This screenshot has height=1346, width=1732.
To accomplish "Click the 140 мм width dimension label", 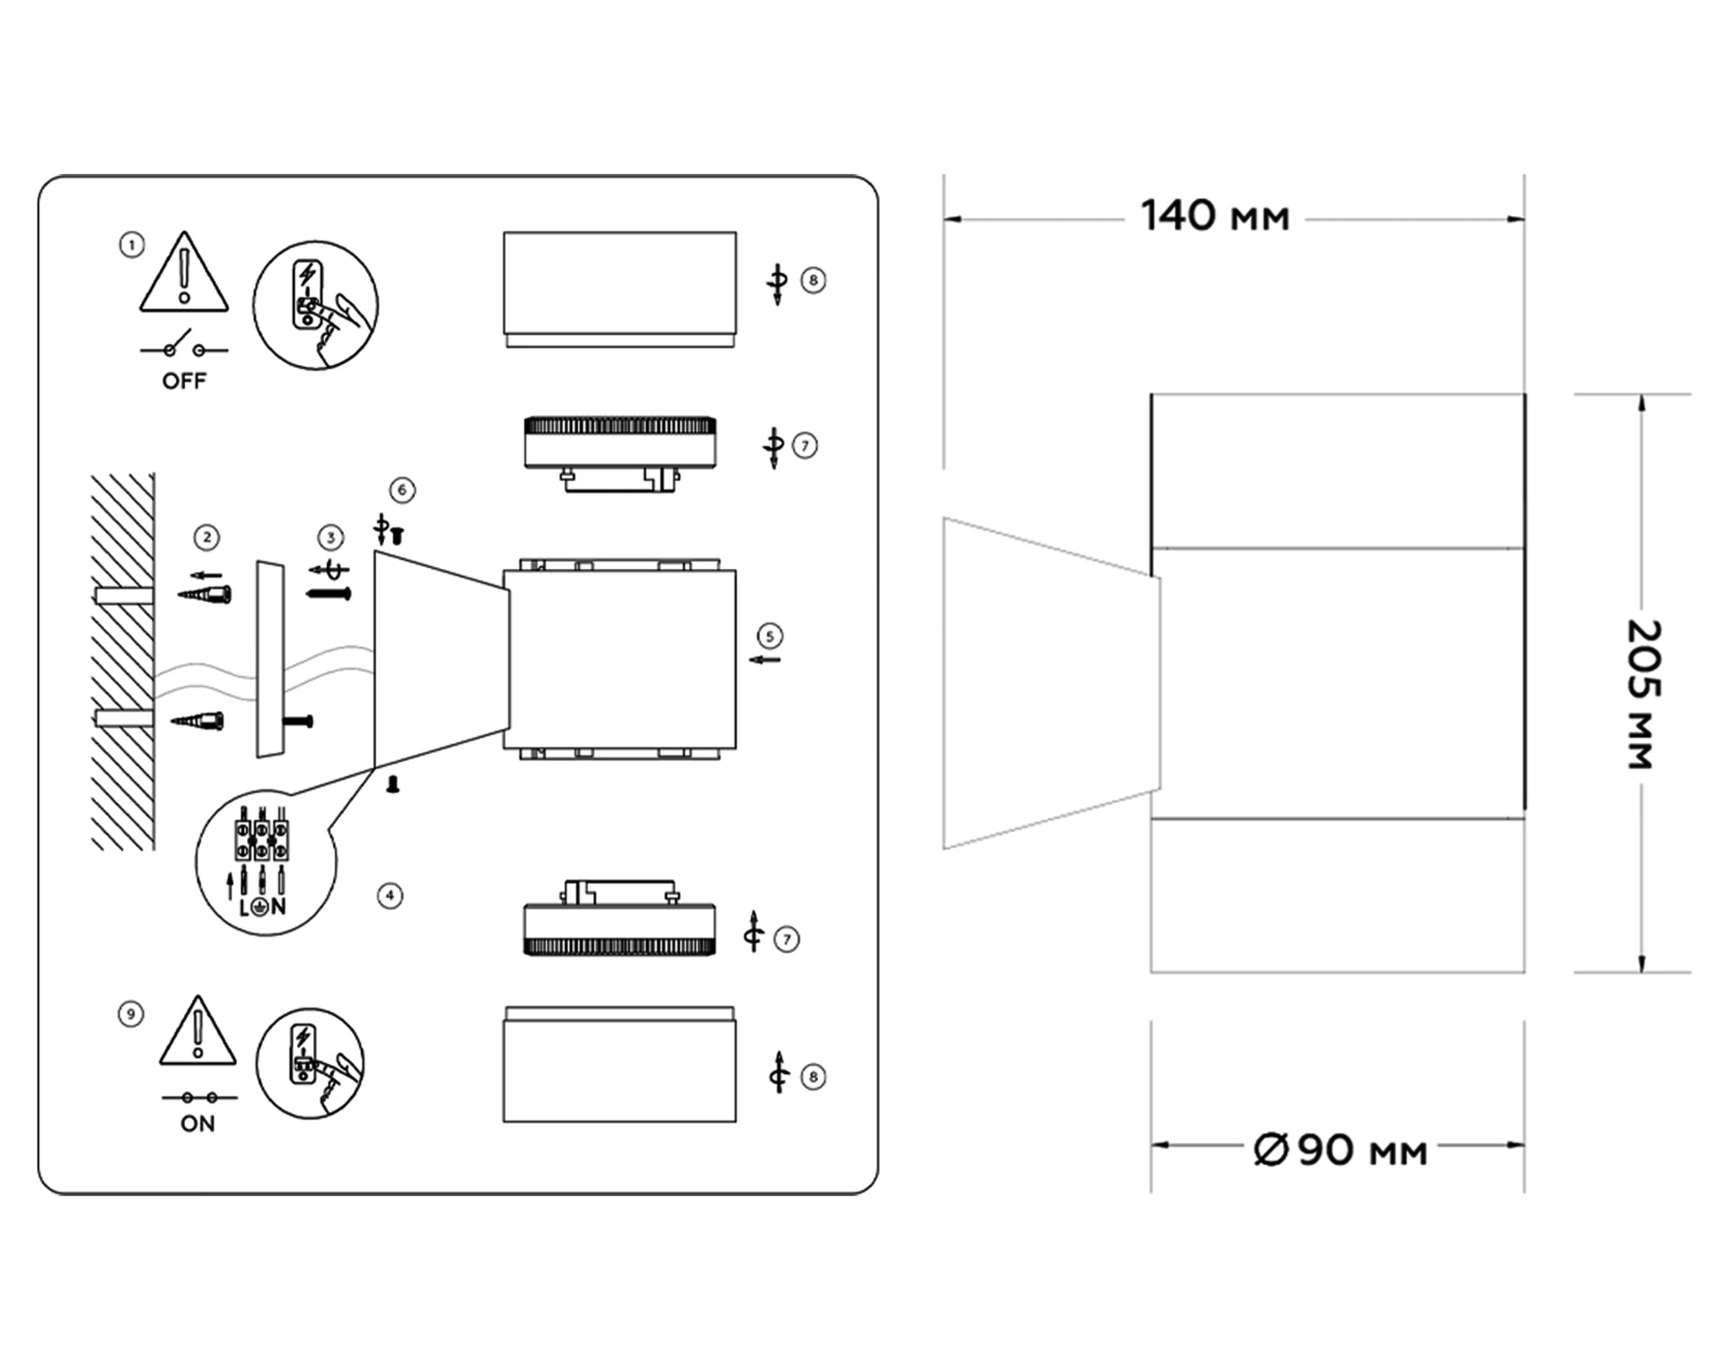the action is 1215,216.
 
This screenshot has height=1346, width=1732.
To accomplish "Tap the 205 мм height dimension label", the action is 1644,694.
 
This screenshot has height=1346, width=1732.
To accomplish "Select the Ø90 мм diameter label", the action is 1341,1149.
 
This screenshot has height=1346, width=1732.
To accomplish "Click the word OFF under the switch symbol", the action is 184,381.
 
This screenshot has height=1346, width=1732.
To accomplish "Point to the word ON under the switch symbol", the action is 198,1123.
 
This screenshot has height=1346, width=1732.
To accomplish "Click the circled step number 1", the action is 132,245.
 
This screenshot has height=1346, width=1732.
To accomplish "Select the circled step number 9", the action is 131,1015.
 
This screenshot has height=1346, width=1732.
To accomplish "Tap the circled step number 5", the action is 769,636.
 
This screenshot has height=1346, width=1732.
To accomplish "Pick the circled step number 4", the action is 390,896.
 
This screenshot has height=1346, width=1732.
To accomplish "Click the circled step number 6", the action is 402,490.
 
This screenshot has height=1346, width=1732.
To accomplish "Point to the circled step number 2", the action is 207,538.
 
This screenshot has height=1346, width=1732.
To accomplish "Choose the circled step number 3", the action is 331,538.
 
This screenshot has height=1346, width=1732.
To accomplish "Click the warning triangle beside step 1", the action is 184,272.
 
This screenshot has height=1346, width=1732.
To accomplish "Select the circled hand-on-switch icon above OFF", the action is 315,305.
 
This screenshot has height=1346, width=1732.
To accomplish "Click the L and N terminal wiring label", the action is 262,907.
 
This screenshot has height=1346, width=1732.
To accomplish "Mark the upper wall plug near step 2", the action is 205,594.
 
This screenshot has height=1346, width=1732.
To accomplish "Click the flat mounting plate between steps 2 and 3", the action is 270,660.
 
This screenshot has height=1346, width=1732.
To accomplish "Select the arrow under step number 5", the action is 765,660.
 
